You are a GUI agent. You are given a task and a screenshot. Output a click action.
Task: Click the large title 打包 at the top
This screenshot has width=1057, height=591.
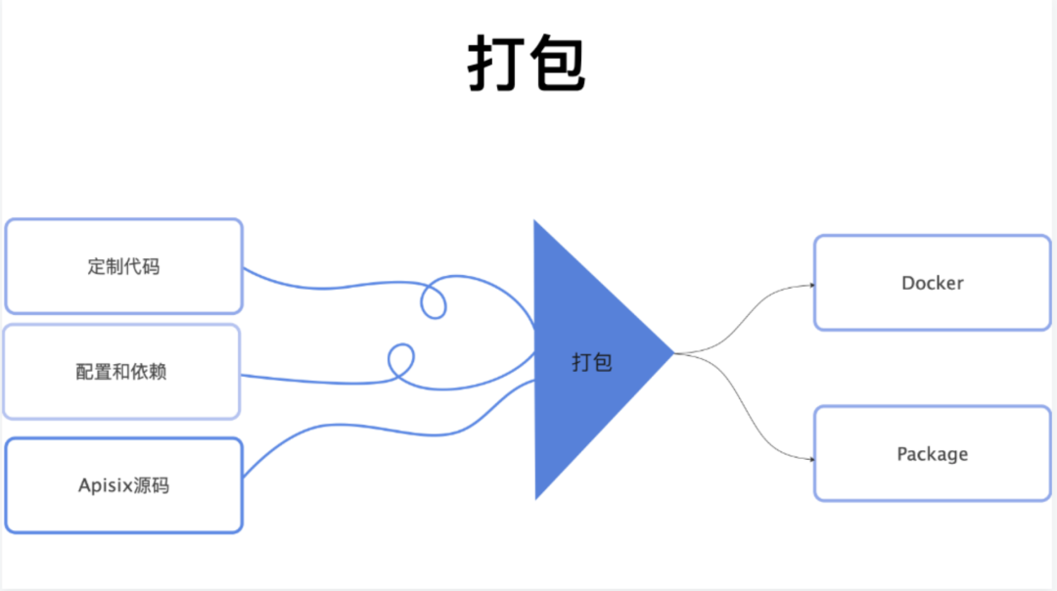coord(527,66)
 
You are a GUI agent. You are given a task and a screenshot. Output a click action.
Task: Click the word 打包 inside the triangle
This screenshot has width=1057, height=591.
coord(592,362)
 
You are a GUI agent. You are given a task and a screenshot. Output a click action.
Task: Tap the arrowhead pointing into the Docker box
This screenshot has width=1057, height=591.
coord(811,286)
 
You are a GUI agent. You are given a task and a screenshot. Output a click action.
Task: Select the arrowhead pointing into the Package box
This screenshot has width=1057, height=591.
coord(811,459)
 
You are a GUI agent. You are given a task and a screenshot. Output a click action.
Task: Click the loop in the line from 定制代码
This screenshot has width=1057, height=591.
coord(434,299)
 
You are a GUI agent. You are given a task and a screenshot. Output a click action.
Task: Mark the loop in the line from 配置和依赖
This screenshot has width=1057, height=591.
coord(401,361)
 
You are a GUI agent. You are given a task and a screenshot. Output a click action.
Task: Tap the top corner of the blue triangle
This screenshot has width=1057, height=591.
coord(535,223)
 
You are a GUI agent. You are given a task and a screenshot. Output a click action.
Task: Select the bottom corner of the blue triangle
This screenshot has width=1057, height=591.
coord(536,496)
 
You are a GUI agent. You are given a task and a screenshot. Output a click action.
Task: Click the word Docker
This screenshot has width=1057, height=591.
coord(932,283)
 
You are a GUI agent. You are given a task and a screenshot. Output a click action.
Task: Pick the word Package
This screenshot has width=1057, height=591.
coord(932,454)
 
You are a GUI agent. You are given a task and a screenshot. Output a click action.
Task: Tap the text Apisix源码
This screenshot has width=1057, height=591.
coord(123,485)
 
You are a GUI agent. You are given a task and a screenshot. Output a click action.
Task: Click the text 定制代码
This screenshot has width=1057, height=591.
coord(123,266)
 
